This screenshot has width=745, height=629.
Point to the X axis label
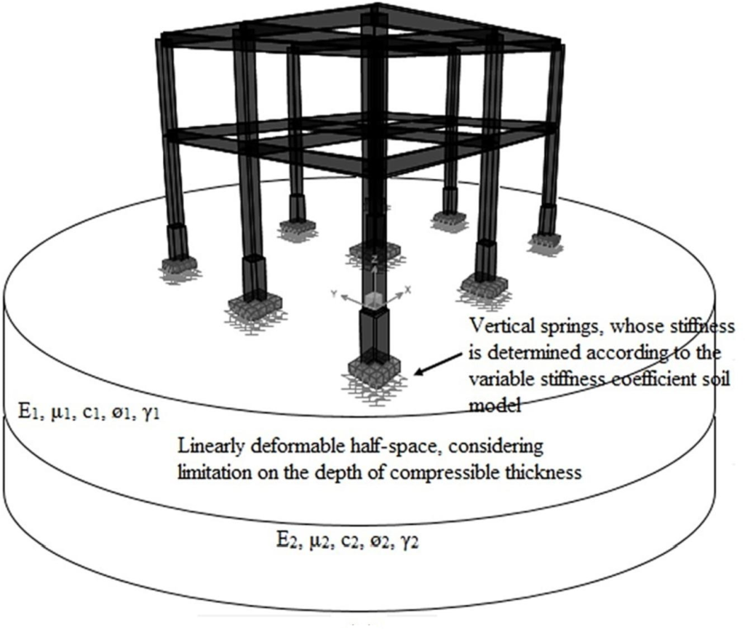(408, 289)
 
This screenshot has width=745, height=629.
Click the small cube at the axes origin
(373, 298)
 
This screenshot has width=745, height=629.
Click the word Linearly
(207, 443)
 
